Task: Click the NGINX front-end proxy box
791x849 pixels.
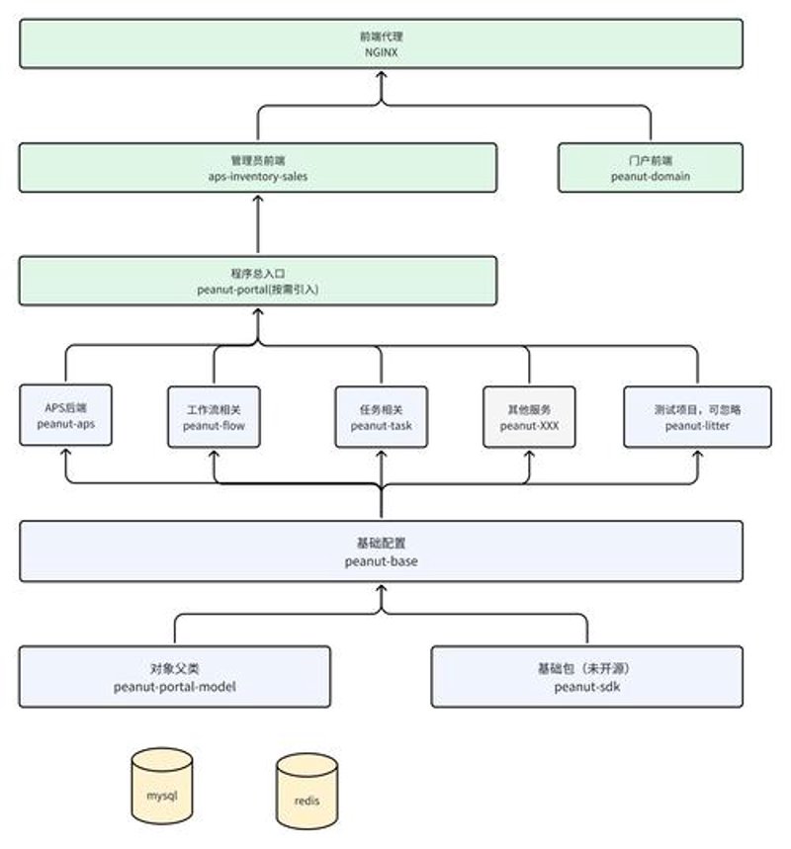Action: click(x=381, y=43)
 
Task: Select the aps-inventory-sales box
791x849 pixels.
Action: click(x=258, y=168)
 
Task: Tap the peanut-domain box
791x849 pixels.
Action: click(x=651, y=168)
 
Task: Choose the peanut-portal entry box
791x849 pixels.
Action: click(x=258, y=281)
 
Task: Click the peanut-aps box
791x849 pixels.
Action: click(x=65, y=415)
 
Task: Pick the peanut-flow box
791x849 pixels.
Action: click(x=214, y=417)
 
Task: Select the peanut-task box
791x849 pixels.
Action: click(x=382, y=417)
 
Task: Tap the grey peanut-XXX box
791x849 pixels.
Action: click(x=529, y=417)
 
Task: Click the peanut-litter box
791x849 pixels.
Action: click(x=697, y=417)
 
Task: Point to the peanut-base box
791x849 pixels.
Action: click(x=381, y=552)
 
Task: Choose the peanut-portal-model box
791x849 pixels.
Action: click(x=174, y=677)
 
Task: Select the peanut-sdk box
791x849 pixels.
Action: click(x=586, y=677)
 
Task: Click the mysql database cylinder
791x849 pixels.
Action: click(x=162, y=786)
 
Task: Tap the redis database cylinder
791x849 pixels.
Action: click(x=307, y=791)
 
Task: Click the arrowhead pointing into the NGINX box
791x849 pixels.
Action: click(x=382, y=75)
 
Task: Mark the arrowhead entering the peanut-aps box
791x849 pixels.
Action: click(x=66, y=453)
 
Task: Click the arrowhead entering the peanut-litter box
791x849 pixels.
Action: click(x=698, y=455)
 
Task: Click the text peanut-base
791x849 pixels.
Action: click(x=382, y=561)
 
